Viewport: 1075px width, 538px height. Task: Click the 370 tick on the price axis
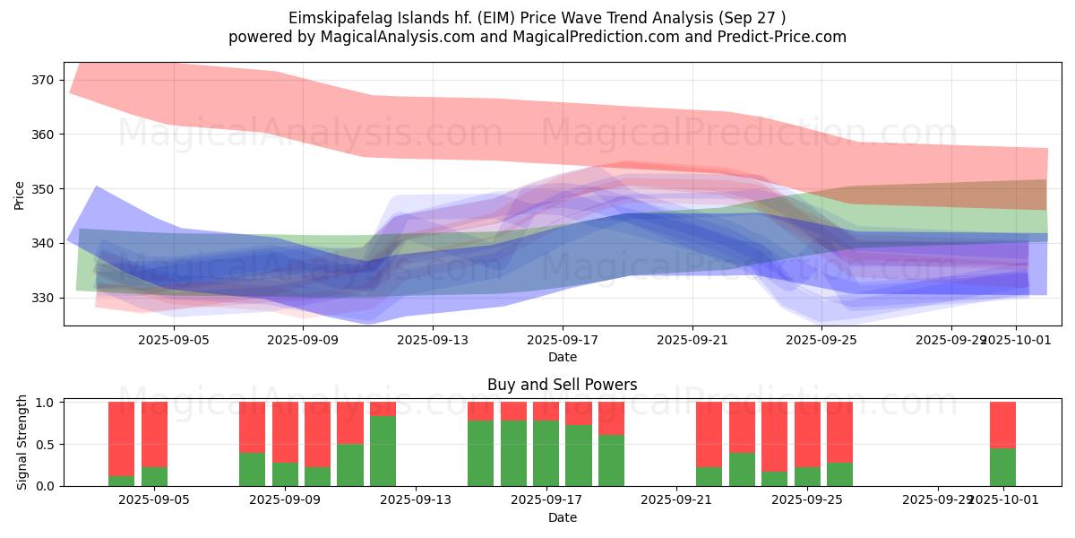tap(43, 80)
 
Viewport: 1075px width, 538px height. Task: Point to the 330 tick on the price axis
tap(43, 298)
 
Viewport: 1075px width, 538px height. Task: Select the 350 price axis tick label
tap(43, 189)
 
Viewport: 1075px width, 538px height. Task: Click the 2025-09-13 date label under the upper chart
tap(433, 340)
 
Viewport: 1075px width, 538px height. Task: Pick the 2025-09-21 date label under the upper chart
tap(692, 340)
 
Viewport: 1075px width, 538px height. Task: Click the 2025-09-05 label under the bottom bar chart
tap(155, 500)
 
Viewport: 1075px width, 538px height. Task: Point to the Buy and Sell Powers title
tap(563, 385)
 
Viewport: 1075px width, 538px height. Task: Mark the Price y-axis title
tap(19, 195)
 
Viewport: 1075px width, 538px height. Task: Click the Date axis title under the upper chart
tap(563, 357)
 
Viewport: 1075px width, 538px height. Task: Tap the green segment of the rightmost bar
tap(1002, 466)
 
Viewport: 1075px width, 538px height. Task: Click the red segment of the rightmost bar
tap(1002, 424)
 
